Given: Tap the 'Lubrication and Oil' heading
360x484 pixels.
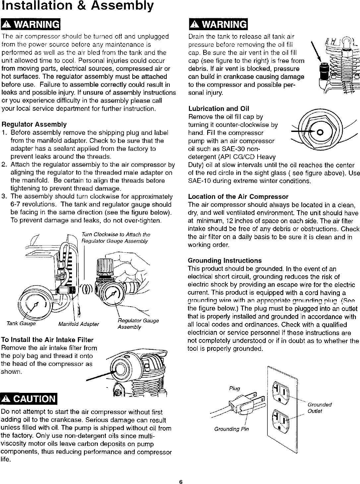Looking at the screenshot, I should pyautogui.click(x=219, y=109).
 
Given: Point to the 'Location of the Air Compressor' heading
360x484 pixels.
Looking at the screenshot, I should pyautogui.click(x=238, y=197).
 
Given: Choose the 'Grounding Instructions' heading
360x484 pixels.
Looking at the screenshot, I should pyautogui.click(x=225, y=261).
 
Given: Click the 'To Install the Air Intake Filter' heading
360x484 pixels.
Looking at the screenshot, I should pyautogui.click(x=48, y=340).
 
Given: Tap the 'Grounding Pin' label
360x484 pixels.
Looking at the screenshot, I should pyautogui.click(x=231, y=429).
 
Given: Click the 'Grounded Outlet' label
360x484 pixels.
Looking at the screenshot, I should pyautogui.click(x=320, y=408).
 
